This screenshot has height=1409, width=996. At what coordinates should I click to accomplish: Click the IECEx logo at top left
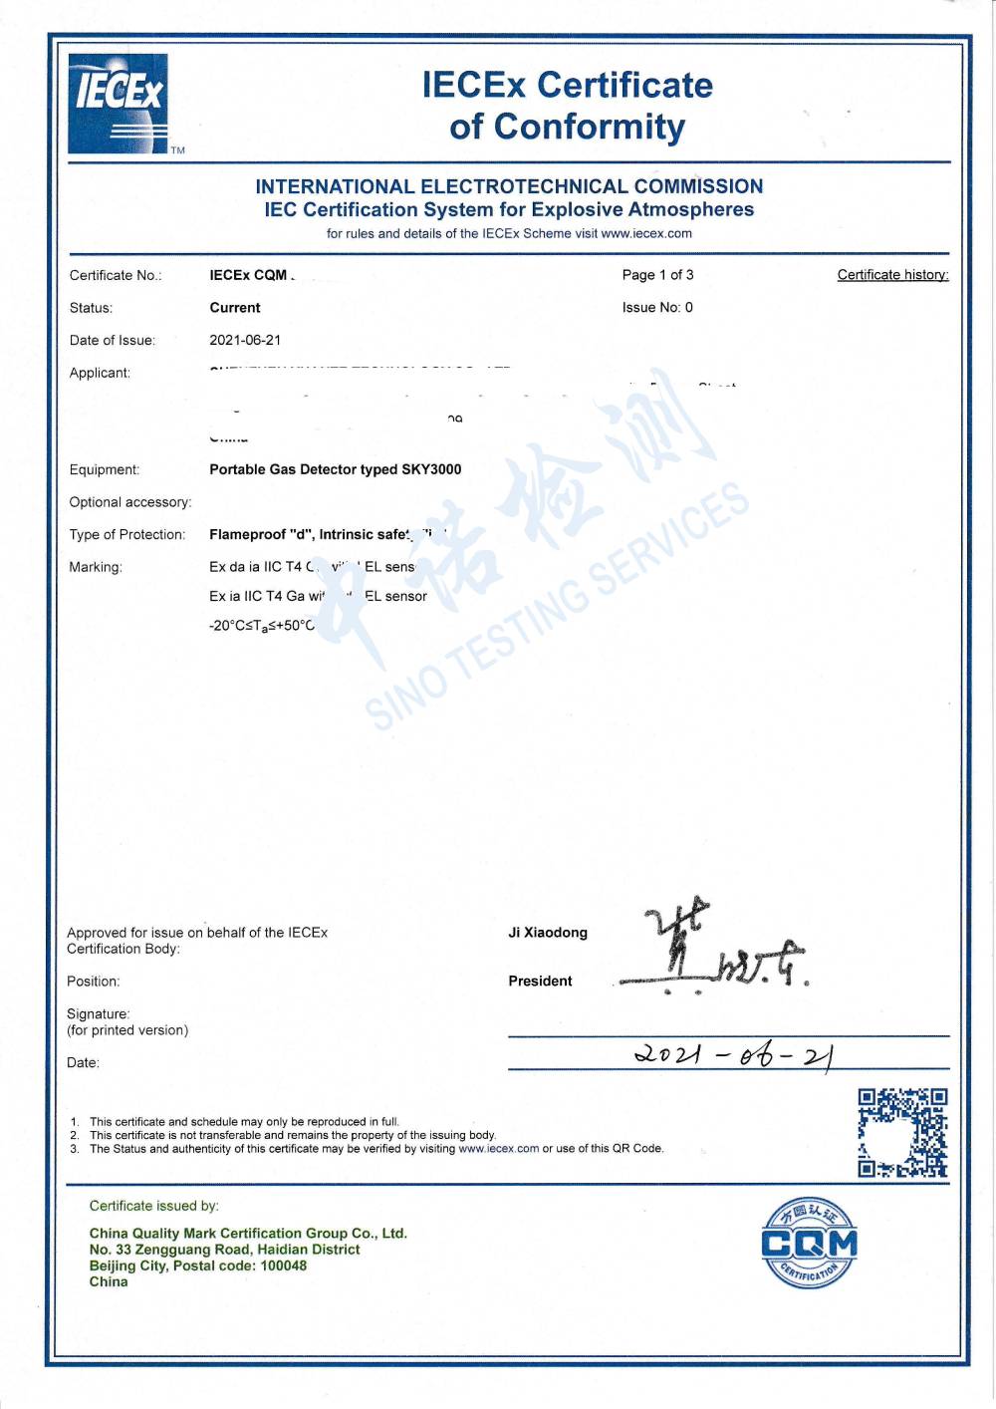point(119,104)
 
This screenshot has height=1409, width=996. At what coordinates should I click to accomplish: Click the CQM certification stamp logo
point(809,1244)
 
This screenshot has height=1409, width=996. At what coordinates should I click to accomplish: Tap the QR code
point(902,1132)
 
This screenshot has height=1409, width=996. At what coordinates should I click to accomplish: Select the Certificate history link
point(892,275)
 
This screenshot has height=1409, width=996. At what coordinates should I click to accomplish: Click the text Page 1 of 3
point(657,275)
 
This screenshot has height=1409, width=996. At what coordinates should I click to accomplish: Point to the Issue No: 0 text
point(657,307)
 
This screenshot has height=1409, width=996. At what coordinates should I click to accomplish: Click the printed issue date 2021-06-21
point(245,340)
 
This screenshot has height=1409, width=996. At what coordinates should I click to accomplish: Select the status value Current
point(235,308)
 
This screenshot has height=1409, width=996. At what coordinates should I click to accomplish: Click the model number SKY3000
point(431,469)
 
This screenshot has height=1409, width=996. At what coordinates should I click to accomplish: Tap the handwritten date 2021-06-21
point(733,1054)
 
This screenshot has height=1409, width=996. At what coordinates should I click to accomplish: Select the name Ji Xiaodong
point(548,933)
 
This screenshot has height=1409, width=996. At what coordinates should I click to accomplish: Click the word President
point(540,982)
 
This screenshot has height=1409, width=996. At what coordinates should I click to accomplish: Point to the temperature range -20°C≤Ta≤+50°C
point(261,626)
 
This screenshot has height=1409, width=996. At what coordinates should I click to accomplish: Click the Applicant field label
point(100,373)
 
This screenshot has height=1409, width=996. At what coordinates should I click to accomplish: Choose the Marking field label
point(96,567)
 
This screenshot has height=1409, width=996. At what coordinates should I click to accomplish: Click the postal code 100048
point(283,1266)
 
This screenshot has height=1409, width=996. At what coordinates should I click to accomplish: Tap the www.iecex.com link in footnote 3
point(498,1148)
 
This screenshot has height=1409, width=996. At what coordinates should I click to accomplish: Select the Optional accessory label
point(130,502)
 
